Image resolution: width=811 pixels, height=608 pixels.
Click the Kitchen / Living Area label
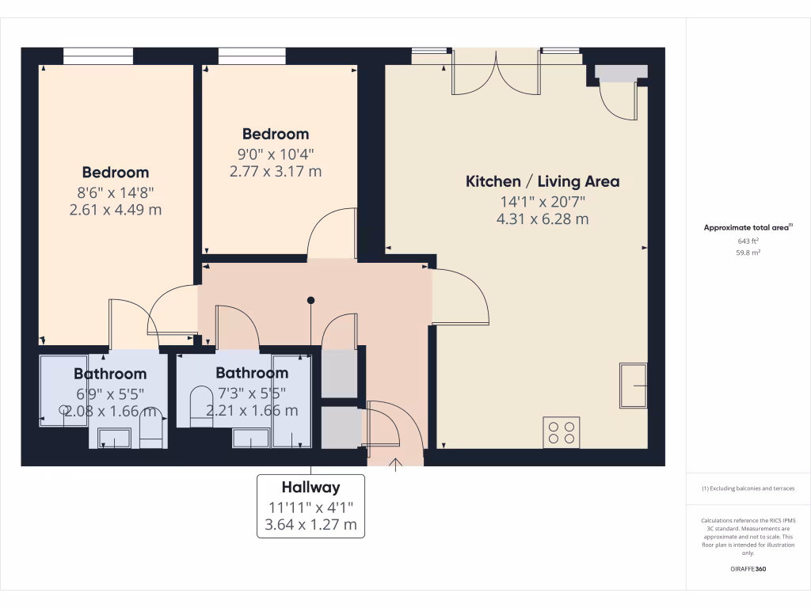tap(542, 181)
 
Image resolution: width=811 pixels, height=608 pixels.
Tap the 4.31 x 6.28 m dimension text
tap(542, 219)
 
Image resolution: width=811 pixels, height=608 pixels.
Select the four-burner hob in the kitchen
tap(561, 432)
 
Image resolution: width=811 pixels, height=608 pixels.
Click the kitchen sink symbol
tap(633, 385)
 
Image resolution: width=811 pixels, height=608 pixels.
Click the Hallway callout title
tap(310, 488)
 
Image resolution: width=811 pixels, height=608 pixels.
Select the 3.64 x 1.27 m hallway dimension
tap(310, 524)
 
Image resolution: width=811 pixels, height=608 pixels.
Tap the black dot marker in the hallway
tap(311, 300)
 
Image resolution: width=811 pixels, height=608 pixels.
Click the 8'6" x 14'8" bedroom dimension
tap(116, 191)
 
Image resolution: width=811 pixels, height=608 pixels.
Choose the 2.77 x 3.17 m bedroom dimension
tap(276, 171)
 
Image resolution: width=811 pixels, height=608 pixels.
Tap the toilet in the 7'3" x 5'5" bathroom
tap(202, 406)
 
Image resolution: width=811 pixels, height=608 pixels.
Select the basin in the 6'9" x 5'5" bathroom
tap(115, 438)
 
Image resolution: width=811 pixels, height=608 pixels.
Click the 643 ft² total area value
tap(748, 241)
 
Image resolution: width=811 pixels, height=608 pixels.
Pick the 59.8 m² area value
tap(748, 253)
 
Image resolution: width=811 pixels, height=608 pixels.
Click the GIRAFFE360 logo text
tap(748, 568)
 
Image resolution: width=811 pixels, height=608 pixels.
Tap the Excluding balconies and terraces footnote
tap(748, 488)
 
